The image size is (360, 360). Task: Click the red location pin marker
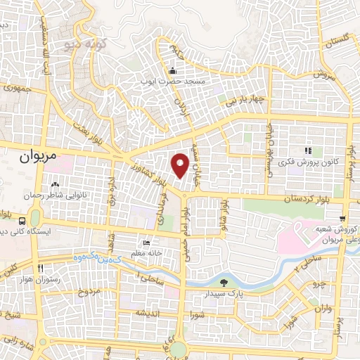click(x=181, y=165)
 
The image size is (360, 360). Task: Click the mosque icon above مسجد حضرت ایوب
click(x=173, y=70)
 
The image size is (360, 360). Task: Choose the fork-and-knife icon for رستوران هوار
click(x=40, y=268)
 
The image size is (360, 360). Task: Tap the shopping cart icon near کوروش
click(x=342, y=219)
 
